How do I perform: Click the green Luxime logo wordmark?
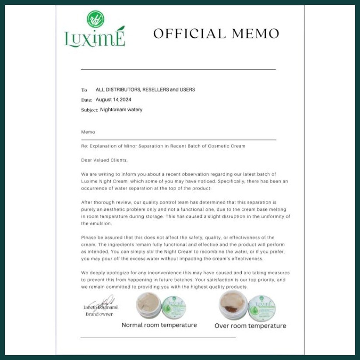[x=95, y=38]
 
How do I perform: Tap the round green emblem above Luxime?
[x=95, y=19]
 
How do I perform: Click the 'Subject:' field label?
[x=89, y=110]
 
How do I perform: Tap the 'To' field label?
[x=84, y=90]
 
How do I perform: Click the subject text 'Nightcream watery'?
[x=121, y=109]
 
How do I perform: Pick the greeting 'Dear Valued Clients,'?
[x=104, y=160]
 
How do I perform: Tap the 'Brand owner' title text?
[x=99, y=314]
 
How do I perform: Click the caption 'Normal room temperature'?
[x=159, y=325]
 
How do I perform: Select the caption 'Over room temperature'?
[x=250, y=325]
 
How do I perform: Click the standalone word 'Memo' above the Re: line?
[x=88, y=132]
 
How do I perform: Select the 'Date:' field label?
[x=86, y=100]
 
